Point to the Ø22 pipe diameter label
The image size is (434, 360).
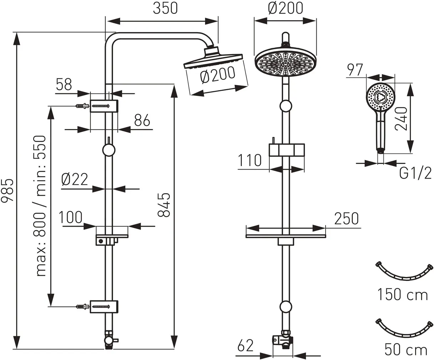[74, 179]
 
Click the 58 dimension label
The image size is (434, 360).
[64, 85]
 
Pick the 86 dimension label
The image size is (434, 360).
[142, 121]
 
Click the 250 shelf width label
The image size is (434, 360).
[346, 218]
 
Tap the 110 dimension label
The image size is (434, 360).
[250, 161]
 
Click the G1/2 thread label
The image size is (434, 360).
[415, 174]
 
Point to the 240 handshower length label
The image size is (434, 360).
[402, 120]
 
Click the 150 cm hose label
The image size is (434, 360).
[403, 295]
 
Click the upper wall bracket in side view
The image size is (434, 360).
[104, 106]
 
